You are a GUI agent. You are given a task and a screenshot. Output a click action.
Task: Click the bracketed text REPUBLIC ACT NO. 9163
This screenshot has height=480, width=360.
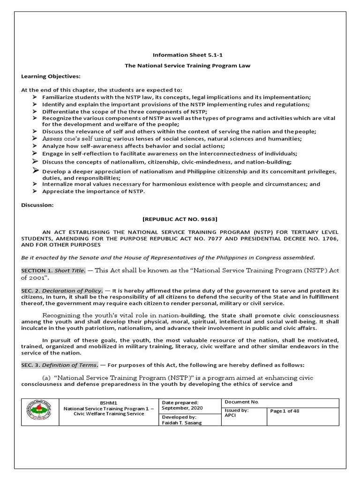[x=180, y=219]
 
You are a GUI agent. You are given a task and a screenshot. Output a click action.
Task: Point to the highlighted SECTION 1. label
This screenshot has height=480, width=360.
[x=37, y=270]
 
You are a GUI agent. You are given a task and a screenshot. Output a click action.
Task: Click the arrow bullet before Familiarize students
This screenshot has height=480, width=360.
[x=35, y=97]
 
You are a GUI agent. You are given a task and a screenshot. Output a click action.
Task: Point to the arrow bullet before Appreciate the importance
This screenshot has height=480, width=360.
[x=35, y=191]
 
